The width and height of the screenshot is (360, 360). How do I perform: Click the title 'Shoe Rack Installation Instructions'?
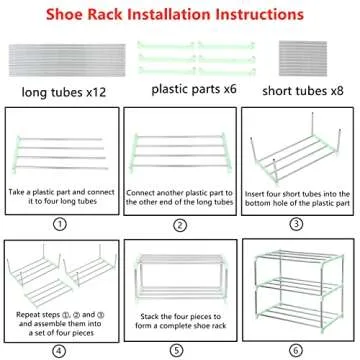click(180, 16)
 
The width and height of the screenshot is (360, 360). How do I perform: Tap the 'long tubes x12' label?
click(64, 92)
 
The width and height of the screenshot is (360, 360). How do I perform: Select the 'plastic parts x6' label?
click(191, 88)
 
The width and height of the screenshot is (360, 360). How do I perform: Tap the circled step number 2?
click(180, 224)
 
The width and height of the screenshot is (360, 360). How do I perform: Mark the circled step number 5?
click(180, 351)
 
